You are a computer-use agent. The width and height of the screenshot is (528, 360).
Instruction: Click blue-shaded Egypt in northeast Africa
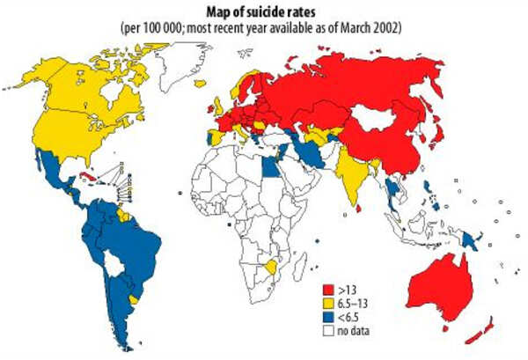coord(274,162)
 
